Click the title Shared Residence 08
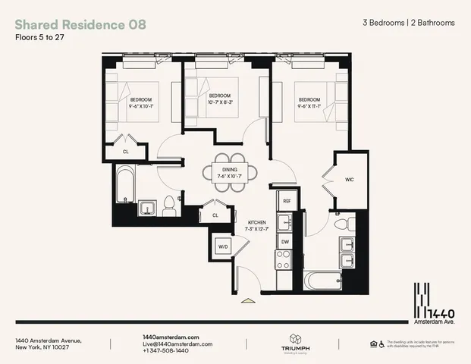(x=80, y=24)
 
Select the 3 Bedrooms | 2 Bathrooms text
(x=409, y=23)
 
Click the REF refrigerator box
(x=287, y=201)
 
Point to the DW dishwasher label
(x=285, y=242)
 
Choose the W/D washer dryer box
(x=225, y=246)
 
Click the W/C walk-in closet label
(x=349, y=180)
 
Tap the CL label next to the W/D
(x=215, y=215)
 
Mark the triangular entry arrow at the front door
(x=247, y=301)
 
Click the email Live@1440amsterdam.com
(x=175, y=344)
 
